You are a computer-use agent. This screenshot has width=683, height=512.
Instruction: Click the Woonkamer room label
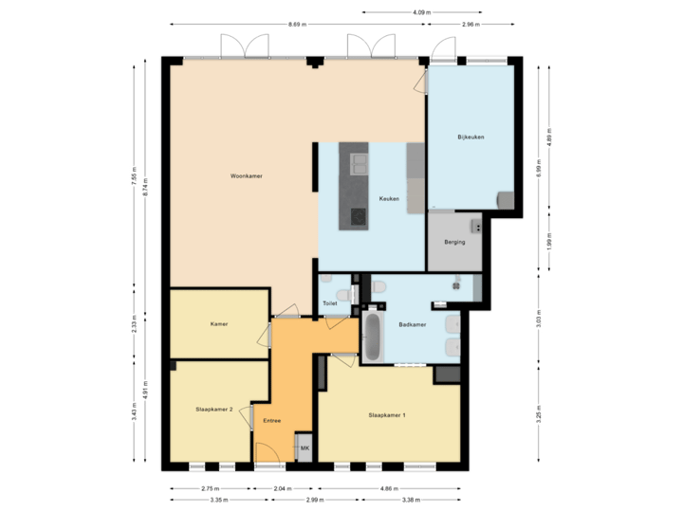click(x=246, y=176)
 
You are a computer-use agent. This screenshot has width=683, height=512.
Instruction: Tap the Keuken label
click(x=389, y=198)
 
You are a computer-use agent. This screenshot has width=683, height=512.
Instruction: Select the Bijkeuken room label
click(x=471, y=137)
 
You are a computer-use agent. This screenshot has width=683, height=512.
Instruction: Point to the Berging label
click(x=454, y=242)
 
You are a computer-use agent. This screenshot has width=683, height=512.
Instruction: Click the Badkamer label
click(x=413, y=324)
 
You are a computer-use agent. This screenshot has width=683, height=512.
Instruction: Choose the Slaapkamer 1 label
click(x=387, y=415)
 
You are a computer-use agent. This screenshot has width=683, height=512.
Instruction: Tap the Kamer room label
click(x=220, y=324)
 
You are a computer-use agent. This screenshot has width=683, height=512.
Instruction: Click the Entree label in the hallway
click(x=271, y=420)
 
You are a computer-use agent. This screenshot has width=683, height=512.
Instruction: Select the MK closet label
click(x=305, y=448)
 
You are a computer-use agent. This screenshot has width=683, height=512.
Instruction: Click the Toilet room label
click(x=329, y=303)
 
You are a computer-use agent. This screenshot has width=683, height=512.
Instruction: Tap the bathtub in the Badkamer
click(x=372, y=337)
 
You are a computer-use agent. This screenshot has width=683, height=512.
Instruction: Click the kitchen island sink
click(x=359, y=166)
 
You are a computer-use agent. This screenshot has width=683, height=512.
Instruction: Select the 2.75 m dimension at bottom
click(x=210, y=488)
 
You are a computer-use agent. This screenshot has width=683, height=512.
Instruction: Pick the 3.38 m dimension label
click(x=413, y=500)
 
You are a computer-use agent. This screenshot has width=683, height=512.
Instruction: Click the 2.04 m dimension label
click(x=282, y=488)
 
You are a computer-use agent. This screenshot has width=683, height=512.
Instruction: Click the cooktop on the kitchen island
click(x=359, y=216)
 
